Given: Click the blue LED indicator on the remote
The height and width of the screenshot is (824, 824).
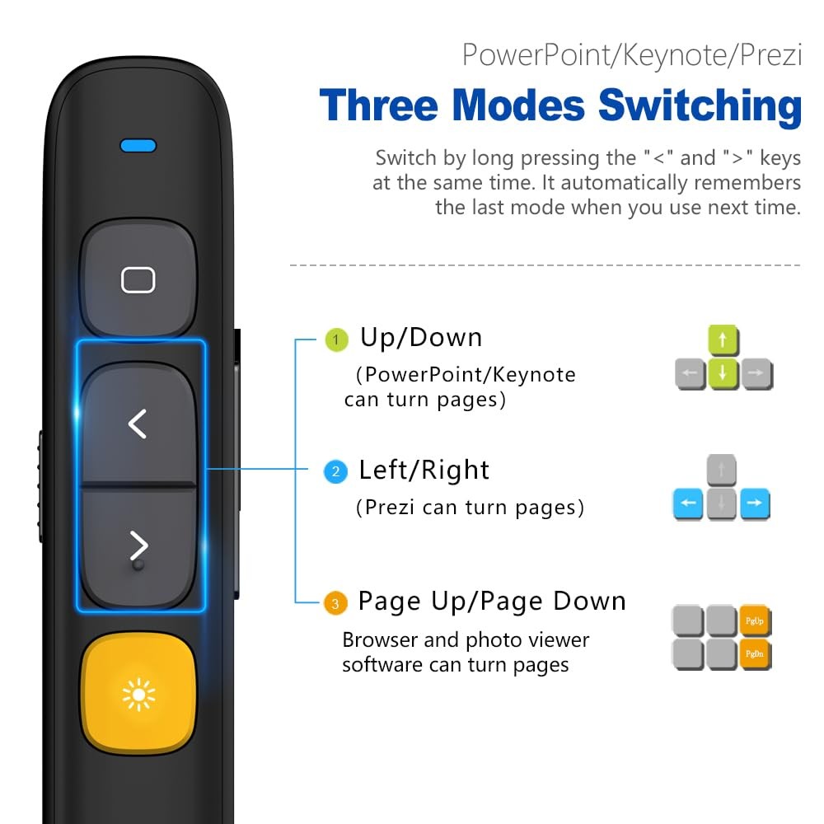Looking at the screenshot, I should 138,146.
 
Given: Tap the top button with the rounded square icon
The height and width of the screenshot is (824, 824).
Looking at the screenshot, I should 138,279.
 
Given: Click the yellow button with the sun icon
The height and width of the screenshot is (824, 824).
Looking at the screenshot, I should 138,695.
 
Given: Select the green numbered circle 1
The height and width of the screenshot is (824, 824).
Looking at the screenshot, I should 335,339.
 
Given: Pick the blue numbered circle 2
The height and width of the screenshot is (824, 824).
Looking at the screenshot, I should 335,472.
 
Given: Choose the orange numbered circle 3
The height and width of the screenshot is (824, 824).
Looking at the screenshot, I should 334,604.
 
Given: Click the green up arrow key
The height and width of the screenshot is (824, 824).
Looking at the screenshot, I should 723,339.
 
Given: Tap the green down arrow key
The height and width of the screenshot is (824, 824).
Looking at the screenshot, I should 723,372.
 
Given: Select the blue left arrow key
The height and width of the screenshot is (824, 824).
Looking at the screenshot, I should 689,503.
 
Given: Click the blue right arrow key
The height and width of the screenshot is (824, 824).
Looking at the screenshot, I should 755,503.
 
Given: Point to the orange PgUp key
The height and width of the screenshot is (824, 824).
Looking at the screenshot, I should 755,620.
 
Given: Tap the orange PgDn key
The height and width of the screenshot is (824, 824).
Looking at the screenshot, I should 755,653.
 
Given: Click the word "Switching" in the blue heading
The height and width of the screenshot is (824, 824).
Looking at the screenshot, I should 700,105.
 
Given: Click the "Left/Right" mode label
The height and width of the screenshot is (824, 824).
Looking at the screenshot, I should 424,471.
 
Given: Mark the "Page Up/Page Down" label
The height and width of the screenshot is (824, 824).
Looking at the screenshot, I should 492,602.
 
